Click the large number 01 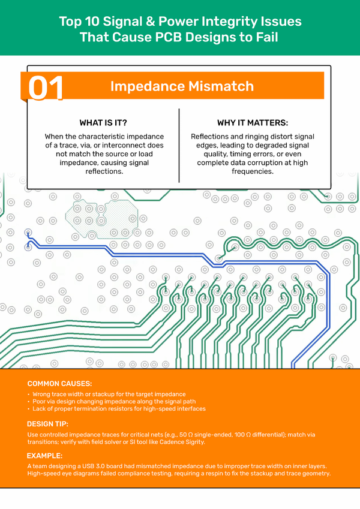click(46, 88)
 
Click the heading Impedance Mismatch click(182, 86)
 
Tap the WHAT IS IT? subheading click(103, 123)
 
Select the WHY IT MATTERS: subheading click(253, 123)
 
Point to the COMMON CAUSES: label click(60, 384)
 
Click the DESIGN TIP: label click(48, 424)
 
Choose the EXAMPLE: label click(44, 456)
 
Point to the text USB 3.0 click(93, 466)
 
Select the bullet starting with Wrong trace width click(109, 394)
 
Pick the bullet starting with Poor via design click(114, 402)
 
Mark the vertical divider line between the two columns click(179, 146)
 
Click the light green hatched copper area click(101, 219)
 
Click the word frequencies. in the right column click(253, 171)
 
